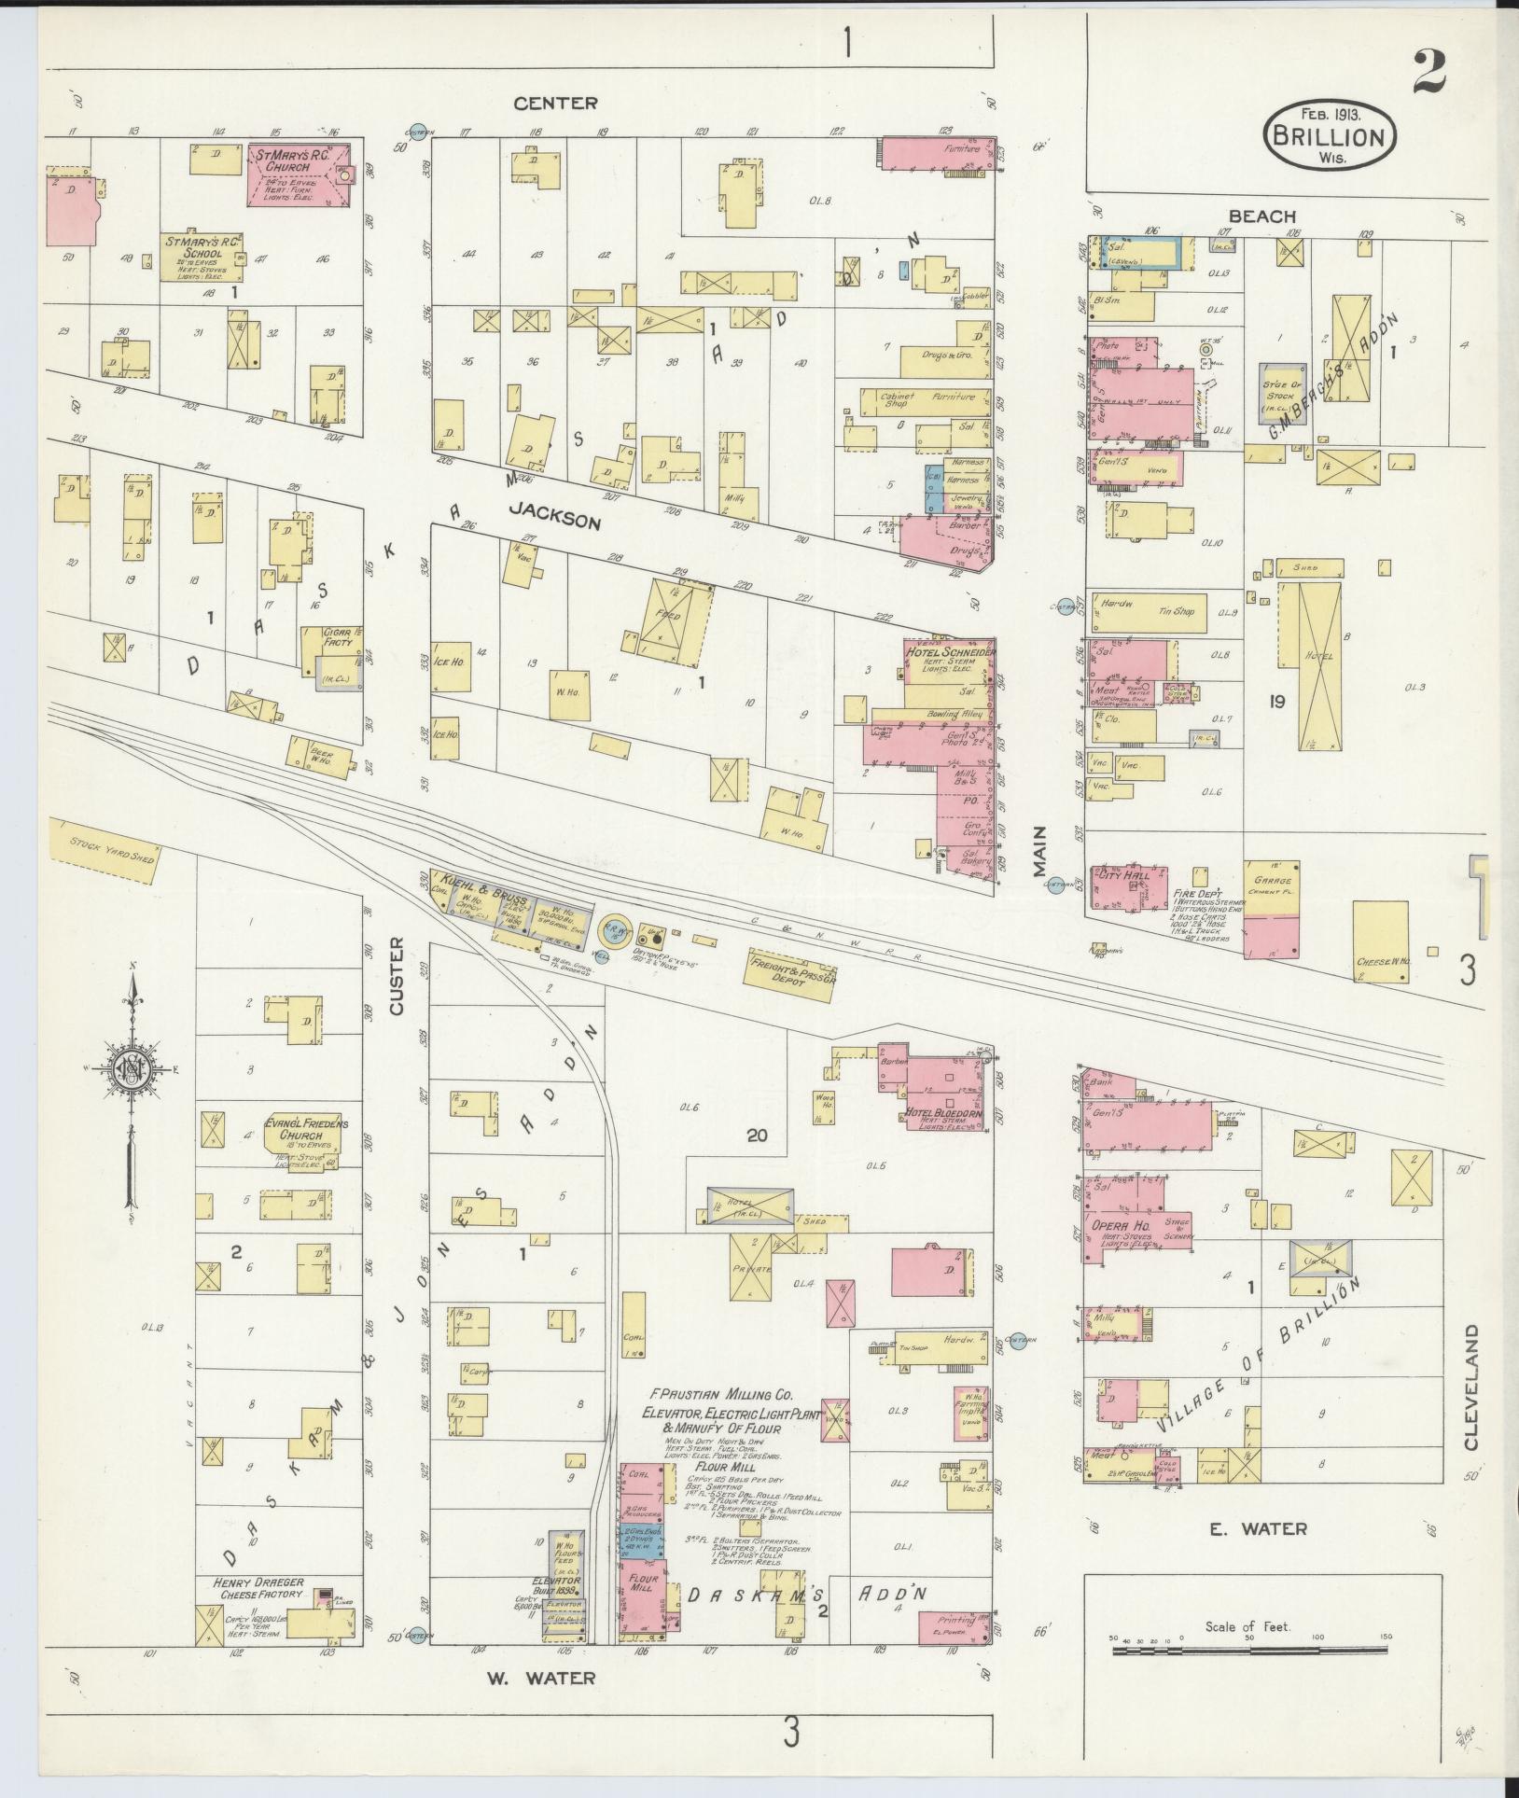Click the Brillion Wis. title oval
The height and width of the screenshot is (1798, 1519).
(1330, 135)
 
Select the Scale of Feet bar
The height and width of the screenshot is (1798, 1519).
(1247, 1652)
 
